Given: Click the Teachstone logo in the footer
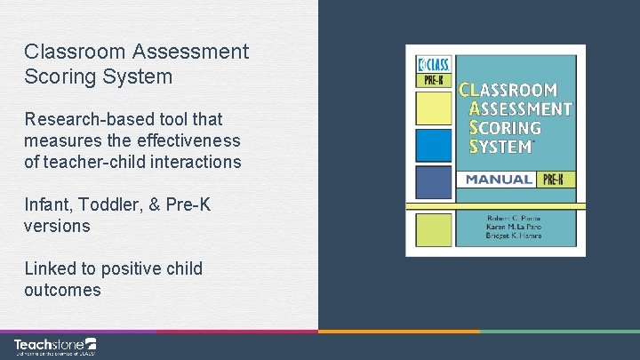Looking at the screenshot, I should tap(54, 346).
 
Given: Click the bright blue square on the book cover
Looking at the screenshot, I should tap(435, 146).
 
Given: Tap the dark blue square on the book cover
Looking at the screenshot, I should tap(435, 182).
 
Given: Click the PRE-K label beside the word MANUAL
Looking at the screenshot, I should tap(556, 180).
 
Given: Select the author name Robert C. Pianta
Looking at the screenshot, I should tap(514, 216).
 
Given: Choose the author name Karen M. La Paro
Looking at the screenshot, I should tap(514, 227).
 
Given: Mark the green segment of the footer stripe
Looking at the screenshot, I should tap(559, 332).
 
